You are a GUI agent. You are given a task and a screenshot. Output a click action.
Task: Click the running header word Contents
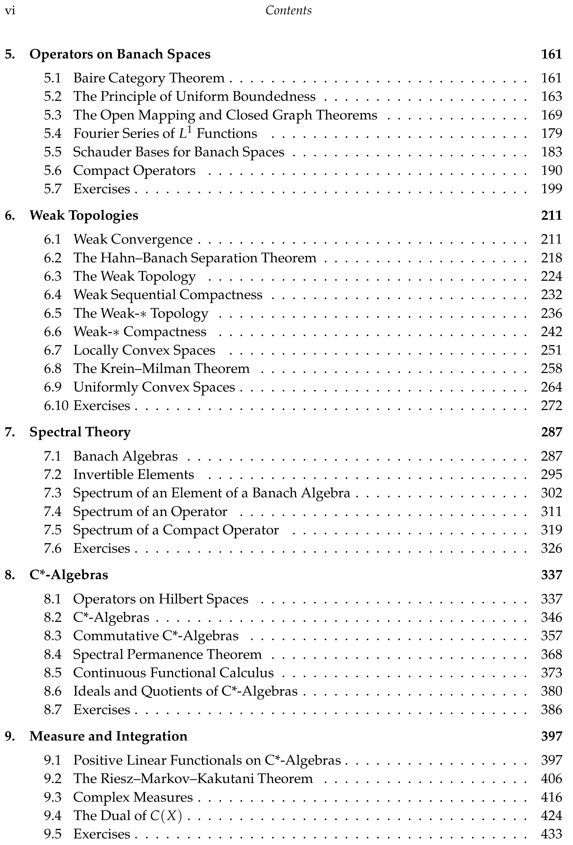pyautogui.click(x=288, y=11)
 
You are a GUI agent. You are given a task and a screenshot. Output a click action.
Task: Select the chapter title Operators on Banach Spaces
pyautogui.click(x=120, y=54)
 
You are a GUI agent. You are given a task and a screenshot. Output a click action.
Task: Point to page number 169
pyautogui.click(x=551, y=115)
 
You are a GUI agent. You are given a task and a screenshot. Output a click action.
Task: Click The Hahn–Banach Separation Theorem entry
pyautogui.click(x=195, y=258)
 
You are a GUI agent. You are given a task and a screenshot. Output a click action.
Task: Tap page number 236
pyautogui.click(x=551, y=313)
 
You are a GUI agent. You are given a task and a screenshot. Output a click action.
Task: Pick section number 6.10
pyautogui.click(x=56, y=405)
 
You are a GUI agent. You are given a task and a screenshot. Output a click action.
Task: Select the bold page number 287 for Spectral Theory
pyautogui.click(x=551, y=432)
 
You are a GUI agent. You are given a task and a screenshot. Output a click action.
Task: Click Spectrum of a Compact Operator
pyautogui.click(x=176, y=530)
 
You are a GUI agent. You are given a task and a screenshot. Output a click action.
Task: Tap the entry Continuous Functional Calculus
pyautogui.click(x=173, y=673)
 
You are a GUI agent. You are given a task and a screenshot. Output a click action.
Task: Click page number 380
pyautogui.click(x=551, y=691)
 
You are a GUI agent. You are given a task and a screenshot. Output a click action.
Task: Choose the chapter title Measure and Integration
pyautogui.click(x=108, y=736)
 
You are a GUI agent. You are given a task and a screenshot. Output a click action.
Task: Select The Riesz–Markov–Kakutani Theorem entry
pyautogui.click(x=193, y=778)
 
